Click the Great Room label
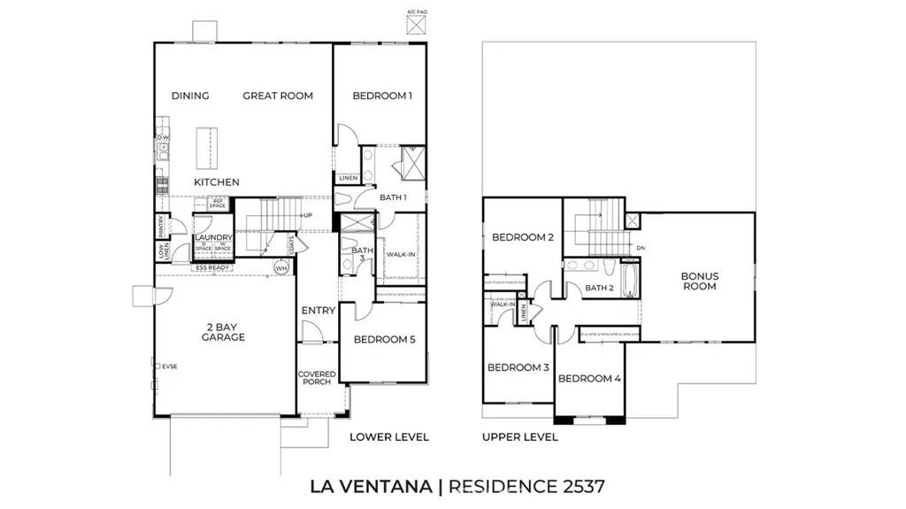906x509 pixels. [x=278, y=96]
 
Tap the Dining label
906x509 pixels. [x=190, y=96]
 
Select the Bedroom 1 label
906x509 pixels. [x=382, y=96]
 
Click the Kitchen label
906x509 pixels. [x=217, y=182]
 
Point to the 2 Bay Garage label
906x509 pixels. [x=223, y=331]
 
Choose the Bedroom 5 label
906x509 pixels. [x=384, y=339]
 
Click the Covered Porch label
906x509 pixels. [x=316, y=377]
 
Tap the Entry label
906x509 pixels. [x=318, y=311]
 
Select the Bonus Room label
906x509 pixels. [x=699, y=281]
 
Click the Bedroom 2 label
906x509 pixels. [x=522, y=237]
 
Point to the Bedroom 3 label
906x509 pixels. [x=519, y=367]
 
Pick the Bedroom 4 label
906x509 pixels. [x=590, y=379]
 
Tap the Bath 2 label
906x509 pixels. [x=599, y=288]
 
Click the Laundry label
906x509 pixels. [x=213, y=237]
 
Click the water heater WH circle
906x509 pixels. [x=282, y=267]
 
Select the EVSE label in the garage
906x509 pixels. [x=168, y=366]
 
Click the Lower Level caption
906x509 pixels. [x=389, y=436]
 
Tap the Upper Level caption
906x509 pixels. [x=519, y=436]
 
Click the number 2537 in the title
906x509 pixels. [x=580, y=486]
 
